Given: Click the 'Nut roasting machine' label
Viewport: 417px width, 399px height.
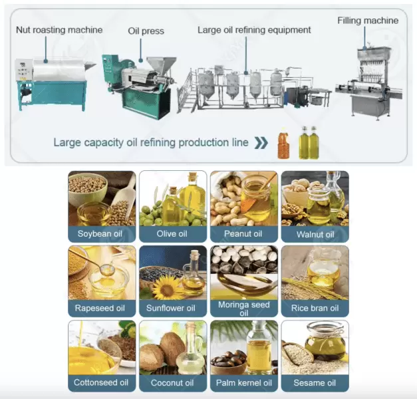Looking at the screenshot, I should [59, 30].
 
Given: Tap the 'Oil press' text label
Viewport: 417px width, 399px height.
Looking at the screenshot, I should [146, 31].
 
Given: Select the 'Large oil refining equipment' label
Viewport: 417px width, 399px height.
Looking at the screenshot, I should [254, 30].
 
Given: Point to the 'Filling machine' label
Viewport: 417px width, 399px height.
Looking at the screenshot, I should [372, 20].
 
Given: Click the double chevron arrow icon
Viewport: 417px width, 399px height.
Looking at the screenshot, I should [261, 142].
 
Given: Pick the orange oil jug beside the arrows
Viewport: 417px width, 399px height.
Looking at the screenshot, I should [283, 144].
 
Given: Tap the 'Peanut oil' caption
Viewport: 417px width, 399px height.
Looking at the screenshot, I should [243, 234].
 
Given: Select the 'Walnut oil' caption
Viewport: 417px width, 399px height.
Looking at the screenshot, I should [315, 234].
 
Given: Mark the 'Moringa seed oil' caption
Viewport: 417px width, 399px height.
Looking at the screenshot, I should [243, 309].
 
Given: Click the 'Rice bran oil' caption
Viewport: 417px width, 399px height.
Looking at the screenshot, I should [315, 309].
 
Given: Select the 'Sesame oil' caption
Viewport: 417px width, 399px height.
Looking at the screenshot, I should [315, 383].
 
